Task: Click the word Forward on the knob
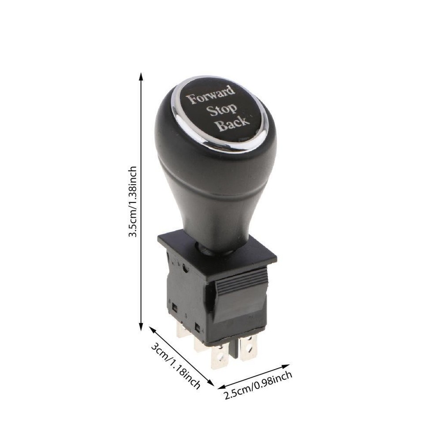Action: (x=211, y=95)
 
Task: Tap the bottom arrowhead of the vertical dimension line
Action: (x=141, y=328)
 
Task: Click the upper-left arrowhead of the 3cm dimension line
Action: (x=151, y=329)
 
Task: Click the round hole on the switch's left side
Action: (x=185, y=268)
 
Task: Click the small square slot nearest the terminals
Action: (x=198, y=328)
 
